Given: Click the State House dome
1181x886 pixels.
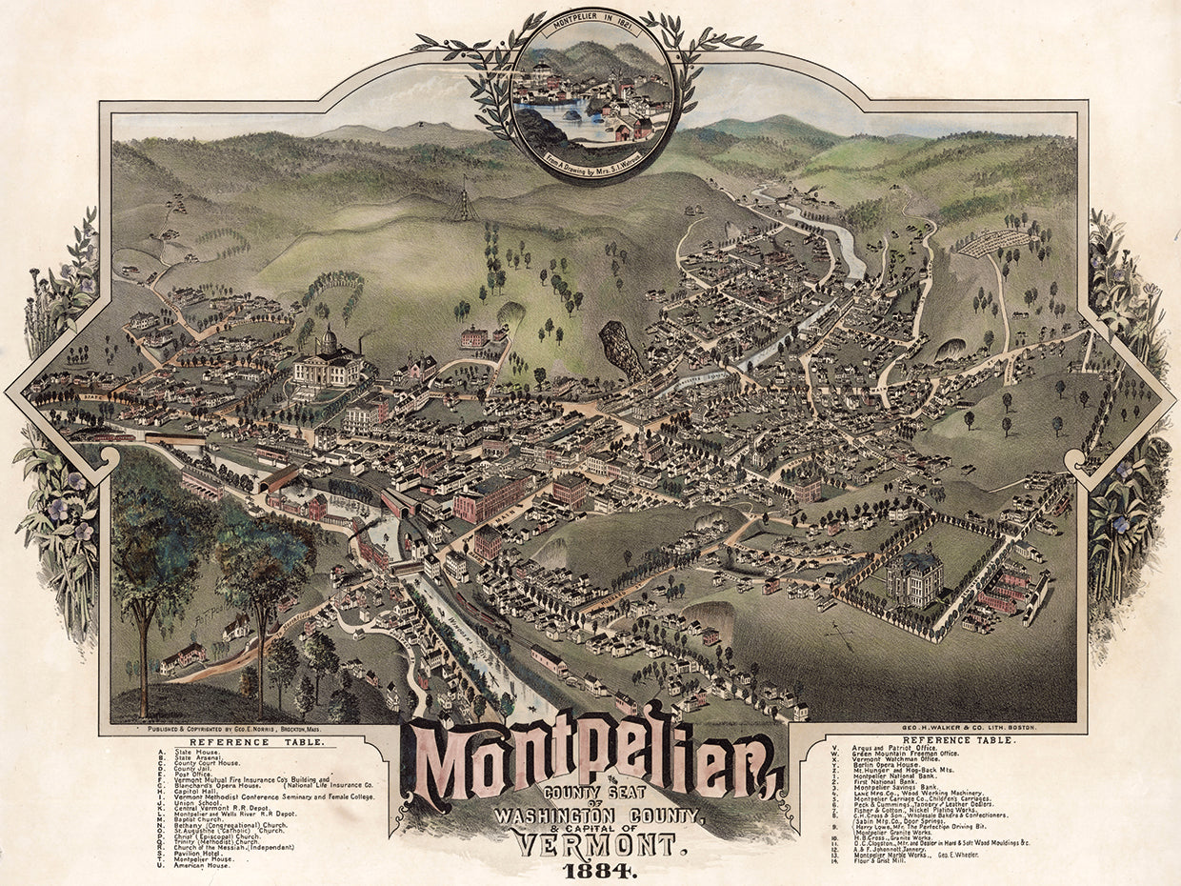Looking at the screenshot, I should coord(327,338).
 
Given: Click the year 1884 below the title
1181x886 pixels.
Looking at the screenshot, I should coord(595,870).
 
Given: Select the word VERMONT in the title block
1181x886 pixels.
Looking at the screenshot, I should coord(595,842).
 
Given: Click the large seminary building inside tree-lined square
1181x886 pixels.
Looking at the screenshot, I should coord(913,578).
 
